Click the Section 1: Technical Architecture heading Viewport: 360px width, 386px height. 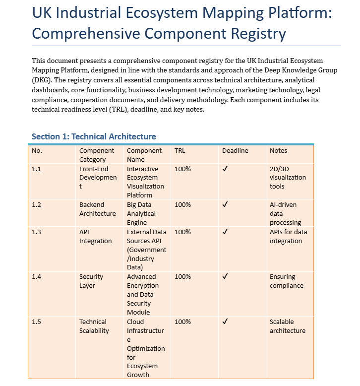(x=94, y=136)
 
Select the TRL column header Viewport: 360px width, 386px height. (x=180, y=151)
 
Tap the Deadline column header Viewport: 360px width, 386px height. (x=235, y=151)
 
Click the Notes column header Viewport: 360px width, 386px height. (x=278, y=151)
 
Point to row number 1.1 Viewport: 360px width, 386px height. (x=36, y=169)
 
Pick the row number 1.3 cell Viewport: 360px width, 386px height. (x=36, y=232)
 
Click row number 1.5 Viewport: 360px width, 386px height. (x=36, y=322)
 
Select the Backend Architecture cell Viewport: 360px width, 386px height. (x=97, y=209)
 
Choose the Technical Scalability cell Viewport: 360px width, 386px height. (x=94, y=326)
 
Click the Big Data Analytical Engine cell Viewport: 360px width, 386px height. (x=141, y=214)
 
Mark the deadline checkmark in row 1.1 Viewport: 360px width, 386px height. (x=225, y=169)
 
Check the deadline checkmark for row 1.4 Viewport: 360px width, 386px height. (x=225, y=277)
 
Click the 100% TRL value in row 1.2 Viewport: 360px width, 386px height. (x=182, y=205)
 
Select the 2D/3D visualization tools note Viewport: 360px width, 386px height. (x=288, y=178)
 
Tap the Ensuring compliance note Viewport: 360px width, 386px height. (x=286, y=281)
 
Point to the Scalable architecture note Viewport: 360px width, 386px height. (x=287, y=326)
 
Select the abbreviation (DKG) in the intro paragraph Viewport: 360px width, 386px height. (x=43, y=79)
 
